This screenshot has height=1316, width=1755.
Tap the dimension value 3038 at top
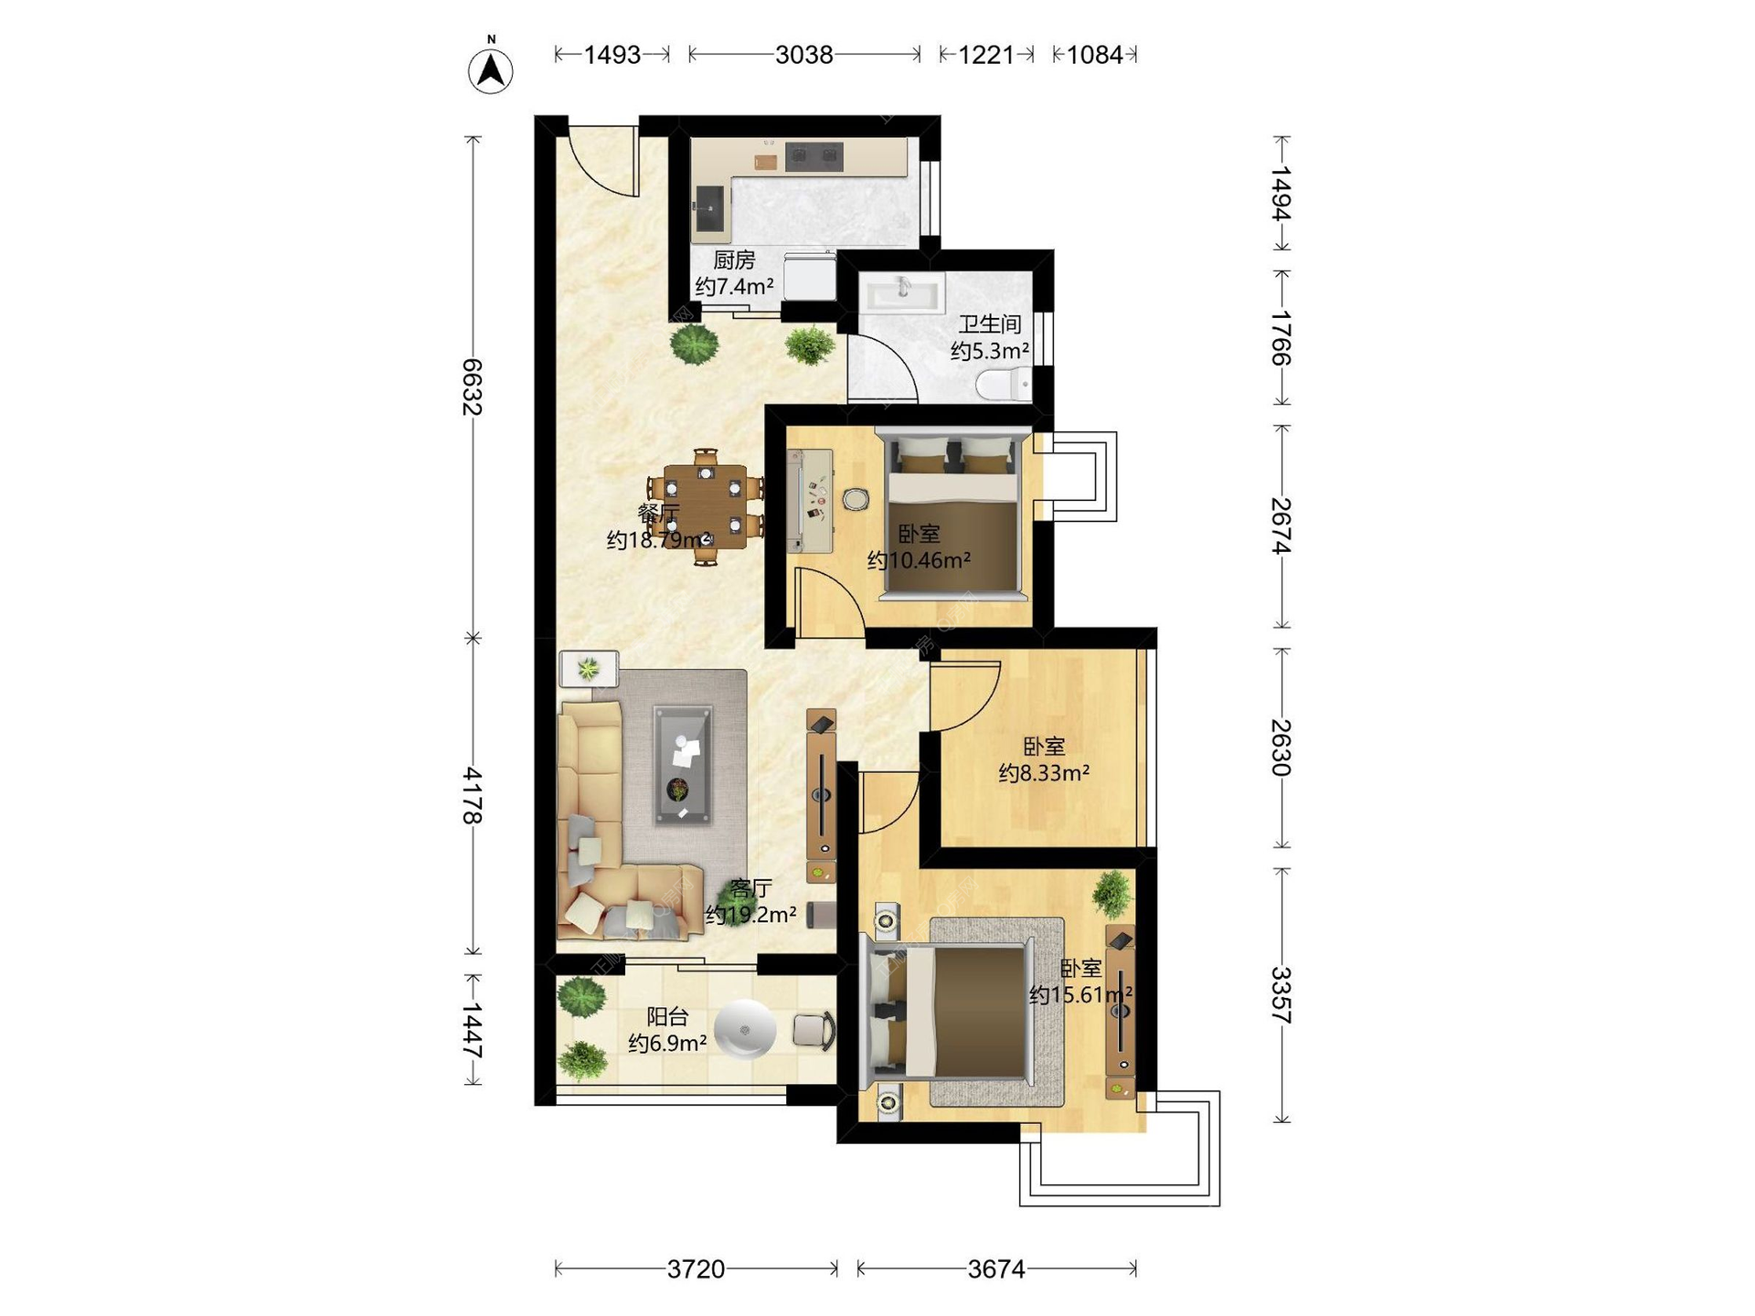(803, 55)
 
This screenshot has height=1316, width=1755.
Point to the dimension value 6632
(472, 387)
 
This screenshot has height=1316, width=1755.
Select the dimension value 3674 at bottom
(996, 1268)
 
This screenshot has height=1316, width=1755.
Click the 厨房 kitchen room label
(734, 260)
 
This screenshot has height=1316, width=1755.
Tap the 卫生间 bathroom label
(990, 324)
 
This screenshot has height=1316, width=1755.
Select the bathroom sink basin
(902, 294)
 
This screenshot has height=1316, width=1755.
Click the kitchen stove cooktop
(814, 157)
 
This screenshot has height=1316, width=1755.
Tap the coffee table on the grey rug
(682, 765)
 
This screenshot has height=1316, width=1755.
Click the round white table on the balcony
(745, 1030)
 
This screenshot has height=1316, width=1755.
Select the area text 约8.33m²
(1043, 773)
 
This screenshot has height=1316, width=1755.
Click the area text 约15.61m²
(1080, 994)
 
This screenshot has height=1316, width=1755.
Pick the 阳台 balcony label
(667, 1016)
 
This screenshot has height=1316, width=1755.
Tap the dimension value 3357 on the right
(1282, 995)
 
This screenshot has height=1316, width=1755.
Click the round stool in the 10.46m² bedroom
(856, 499)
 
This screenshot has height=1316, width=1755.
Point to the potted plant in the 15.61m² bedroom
(1112, 892)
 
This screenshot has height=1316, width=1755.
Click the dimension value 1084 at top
(1094, 55)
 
